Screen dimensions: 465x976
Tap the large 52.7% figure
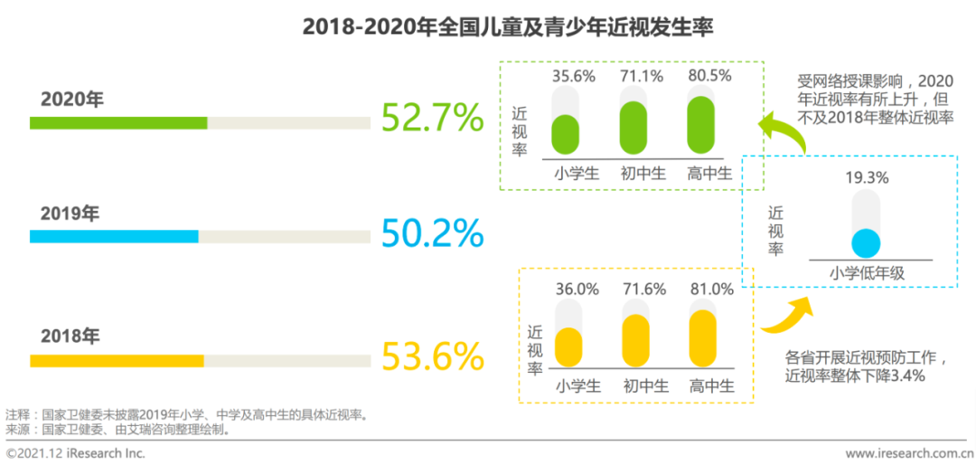tap(432, 117)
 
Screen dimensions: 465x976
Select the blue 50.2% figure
tap(432, 232)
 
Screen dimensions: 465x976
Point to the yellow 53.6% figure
tap(432, 356)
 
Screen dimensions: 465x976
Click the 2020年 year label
tap(72, 100)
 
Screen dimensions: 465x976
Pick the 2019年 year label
tap(72, 214)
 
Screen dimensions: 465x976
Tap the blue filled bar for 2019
tap(114, 237)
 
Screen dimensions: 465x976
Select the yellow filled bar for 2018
tap(117, 360)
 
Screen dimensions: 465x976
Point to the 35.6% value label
tap(573, 77)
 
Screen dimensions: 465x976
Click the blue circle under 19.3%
tap(866, 243)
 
